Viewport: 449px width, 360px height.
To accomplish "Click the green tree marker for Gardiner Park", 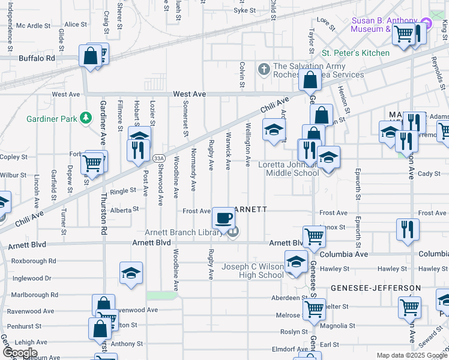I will click(x=86, y=118).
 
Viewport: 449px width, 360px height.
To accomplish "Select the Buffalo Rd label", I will click(x=37, y=59).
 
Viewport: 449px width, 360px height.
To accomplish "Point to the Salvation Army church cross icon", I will click(x=264, y=70).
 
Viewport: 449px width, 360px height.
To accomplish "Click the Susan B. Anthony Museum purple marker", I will click(x=426, y=23).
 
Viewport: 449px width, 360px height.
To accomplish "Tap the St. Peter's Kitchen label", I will click(x=356, y=53).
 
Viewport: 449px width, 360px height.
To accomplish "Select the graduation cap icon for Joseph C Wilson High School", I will click(x=295, y=262).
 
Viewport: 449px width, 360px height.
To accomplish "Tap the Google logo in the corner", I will click(x=20, y=353).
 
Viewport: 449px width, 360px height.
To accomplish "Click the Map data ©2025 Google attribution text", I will click(x=412, y=355).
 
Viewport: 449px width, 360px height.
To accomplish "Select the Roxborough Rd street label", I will click(x=34, y=261).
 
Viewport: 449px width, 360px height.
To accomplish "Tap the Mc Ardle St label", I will click(x=34, y=26).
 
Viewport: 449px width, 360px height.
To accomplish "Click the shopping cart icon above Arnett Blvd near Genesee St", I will click(x=314, y=236).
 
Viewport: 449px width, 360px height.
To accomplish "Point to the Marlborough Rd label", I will click(x=34, y=295).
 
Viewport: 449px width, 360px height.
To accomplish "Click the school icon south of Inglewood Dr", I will click(x=131, y=273).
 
